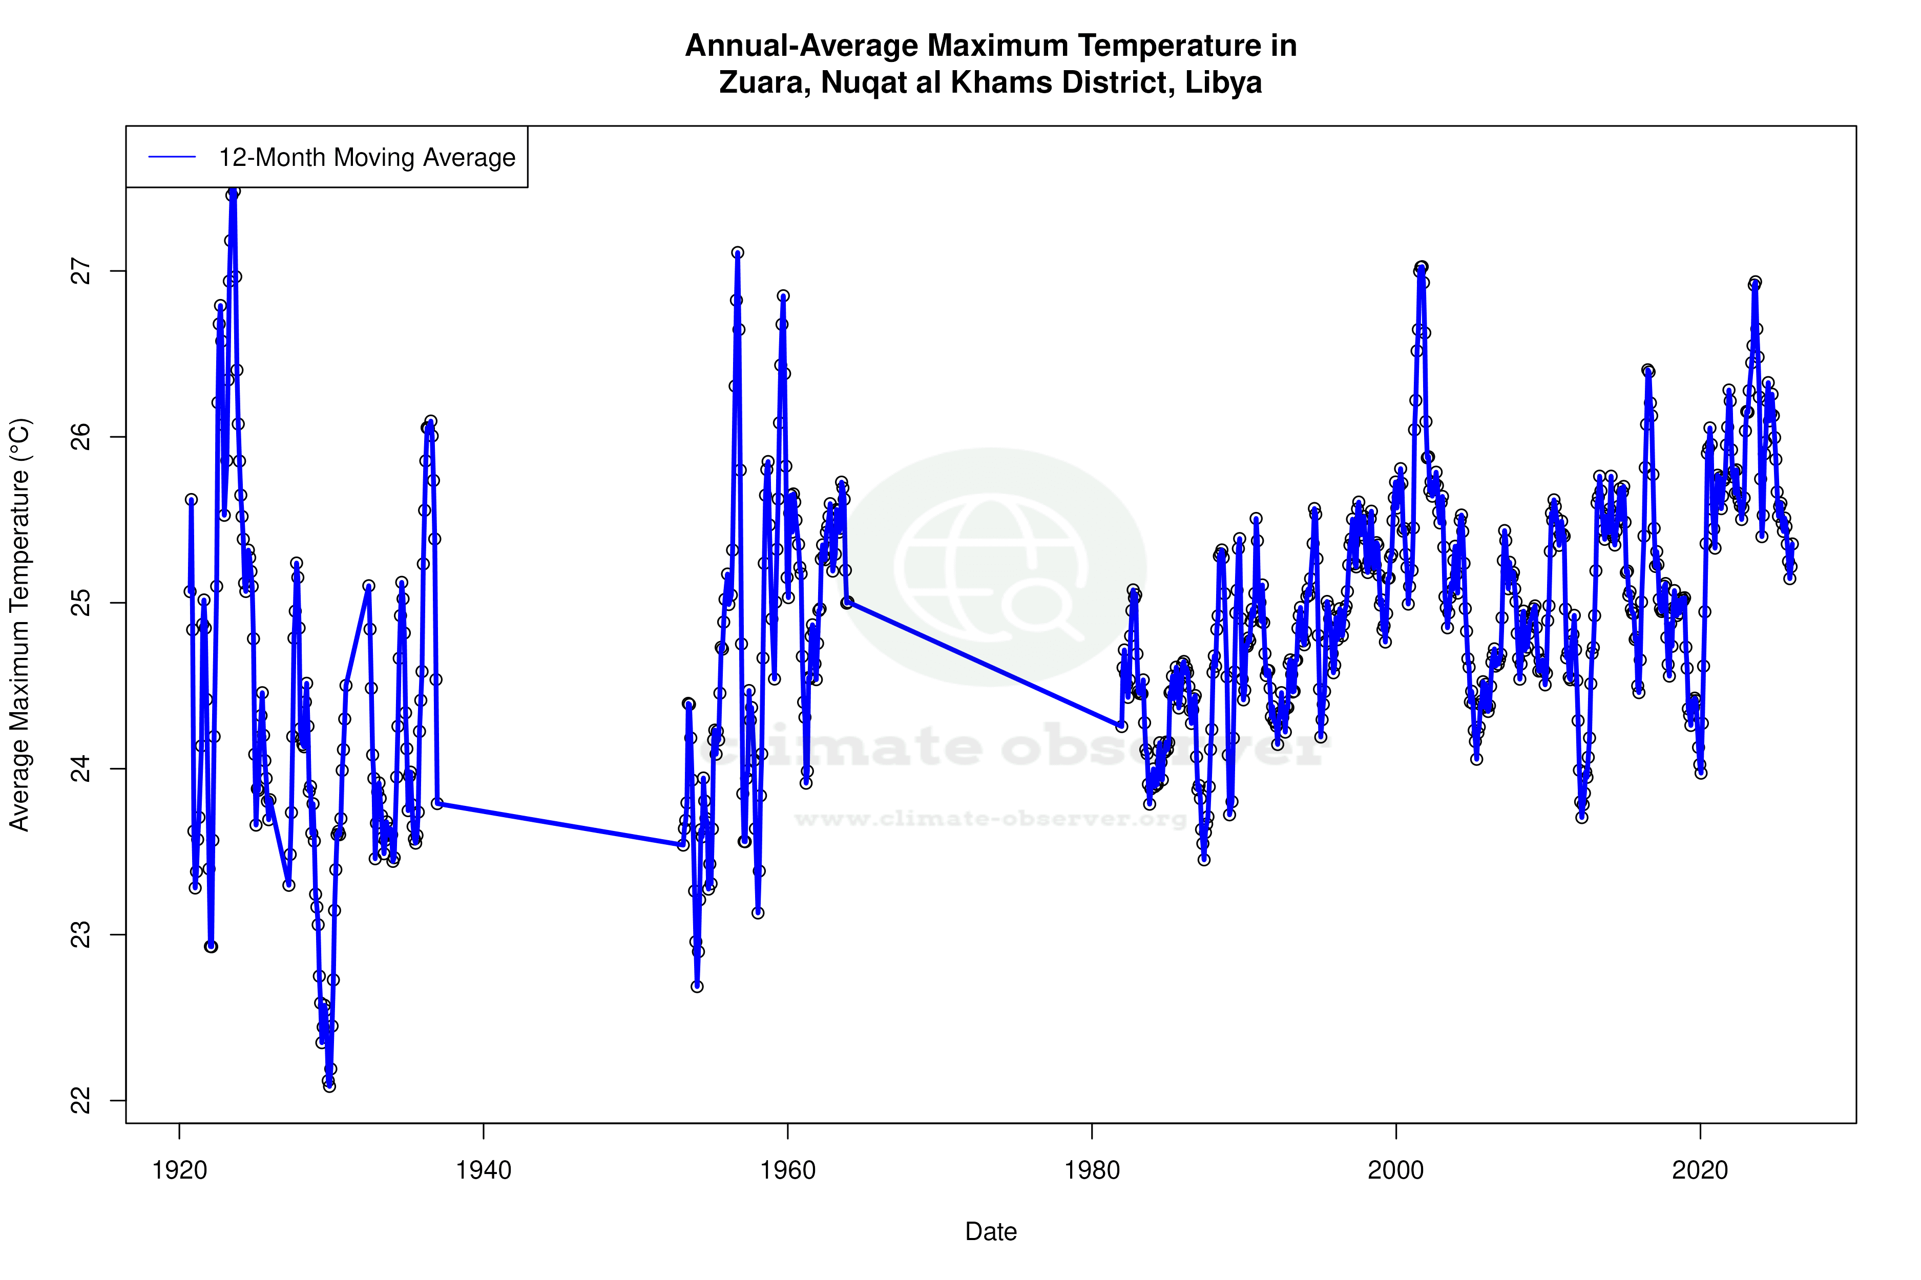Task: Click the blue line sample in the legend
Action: (172, 157)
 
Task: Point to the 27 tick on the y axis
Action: (81, 271)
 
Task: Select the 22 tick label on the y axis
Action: (81, 1100)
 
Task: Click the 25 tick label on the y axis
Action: (81, 603)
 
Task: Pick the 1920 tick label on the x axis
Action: (180, 1170)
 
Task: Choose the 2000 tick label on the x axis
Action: (1396, 1170)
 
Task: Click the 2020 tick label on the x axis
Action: (1700, 1170)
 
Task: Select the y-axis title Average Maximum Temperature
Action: (19, 625)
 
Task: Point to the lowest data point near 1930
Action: (329, 1086)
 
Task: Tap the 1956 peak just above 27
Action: (738, 253)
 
